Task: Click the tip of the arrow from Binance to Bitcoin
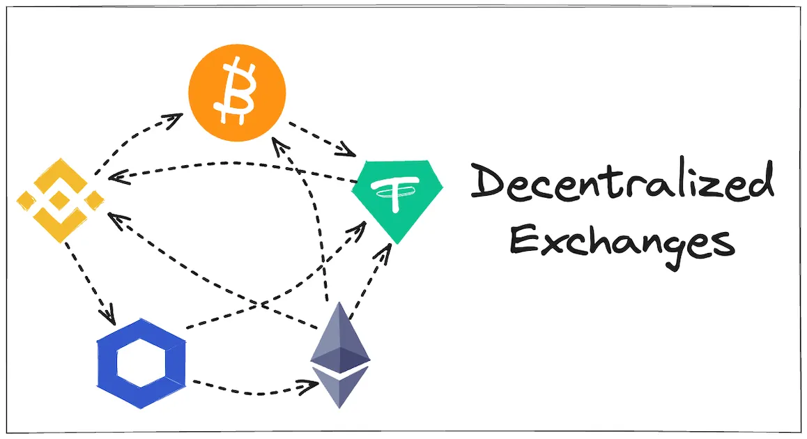[183, 114]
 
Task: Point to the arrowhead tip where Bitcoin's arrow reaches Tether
[355, 155]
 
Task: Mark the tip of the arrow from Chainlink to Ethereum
[318, 383]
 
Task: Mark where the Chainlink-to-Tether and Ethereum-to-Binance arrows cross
[262, 305]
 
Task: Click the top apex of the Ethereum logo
[339, 302]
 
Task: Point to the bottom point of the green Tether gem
[397, 243]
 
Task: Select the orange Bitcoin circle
[237, 93]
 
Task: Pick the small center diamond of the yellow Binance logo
[60, 200]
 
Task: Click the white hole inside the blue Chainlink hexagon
[141, 363]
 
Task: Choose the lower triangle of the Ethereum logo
[339, 387]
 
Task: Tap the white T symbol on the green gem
[394, 193]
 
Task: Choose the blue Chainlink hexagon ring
[141, 363]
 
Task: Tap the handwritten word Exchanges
[622, 242]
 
